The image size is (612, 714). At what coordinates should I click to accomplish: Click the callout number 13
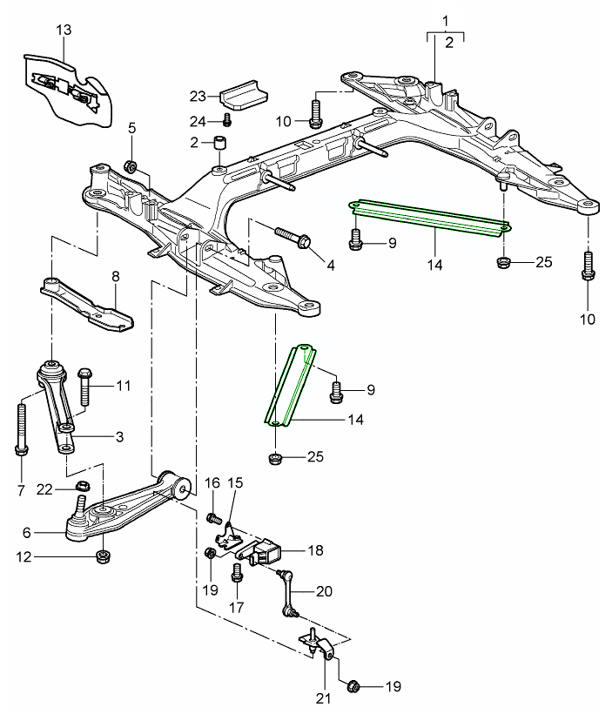(62, 30)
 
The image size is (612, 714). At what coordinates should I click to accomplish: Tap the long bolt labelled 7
(20, 427)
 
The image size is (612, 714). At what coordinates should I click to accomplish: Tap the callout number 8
(114, 277)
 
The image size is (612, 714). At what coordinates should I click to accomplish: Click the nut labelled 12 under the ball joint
(102, 555)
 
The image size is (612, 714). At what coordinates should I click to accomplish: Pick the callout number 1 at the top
(445, 18)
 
